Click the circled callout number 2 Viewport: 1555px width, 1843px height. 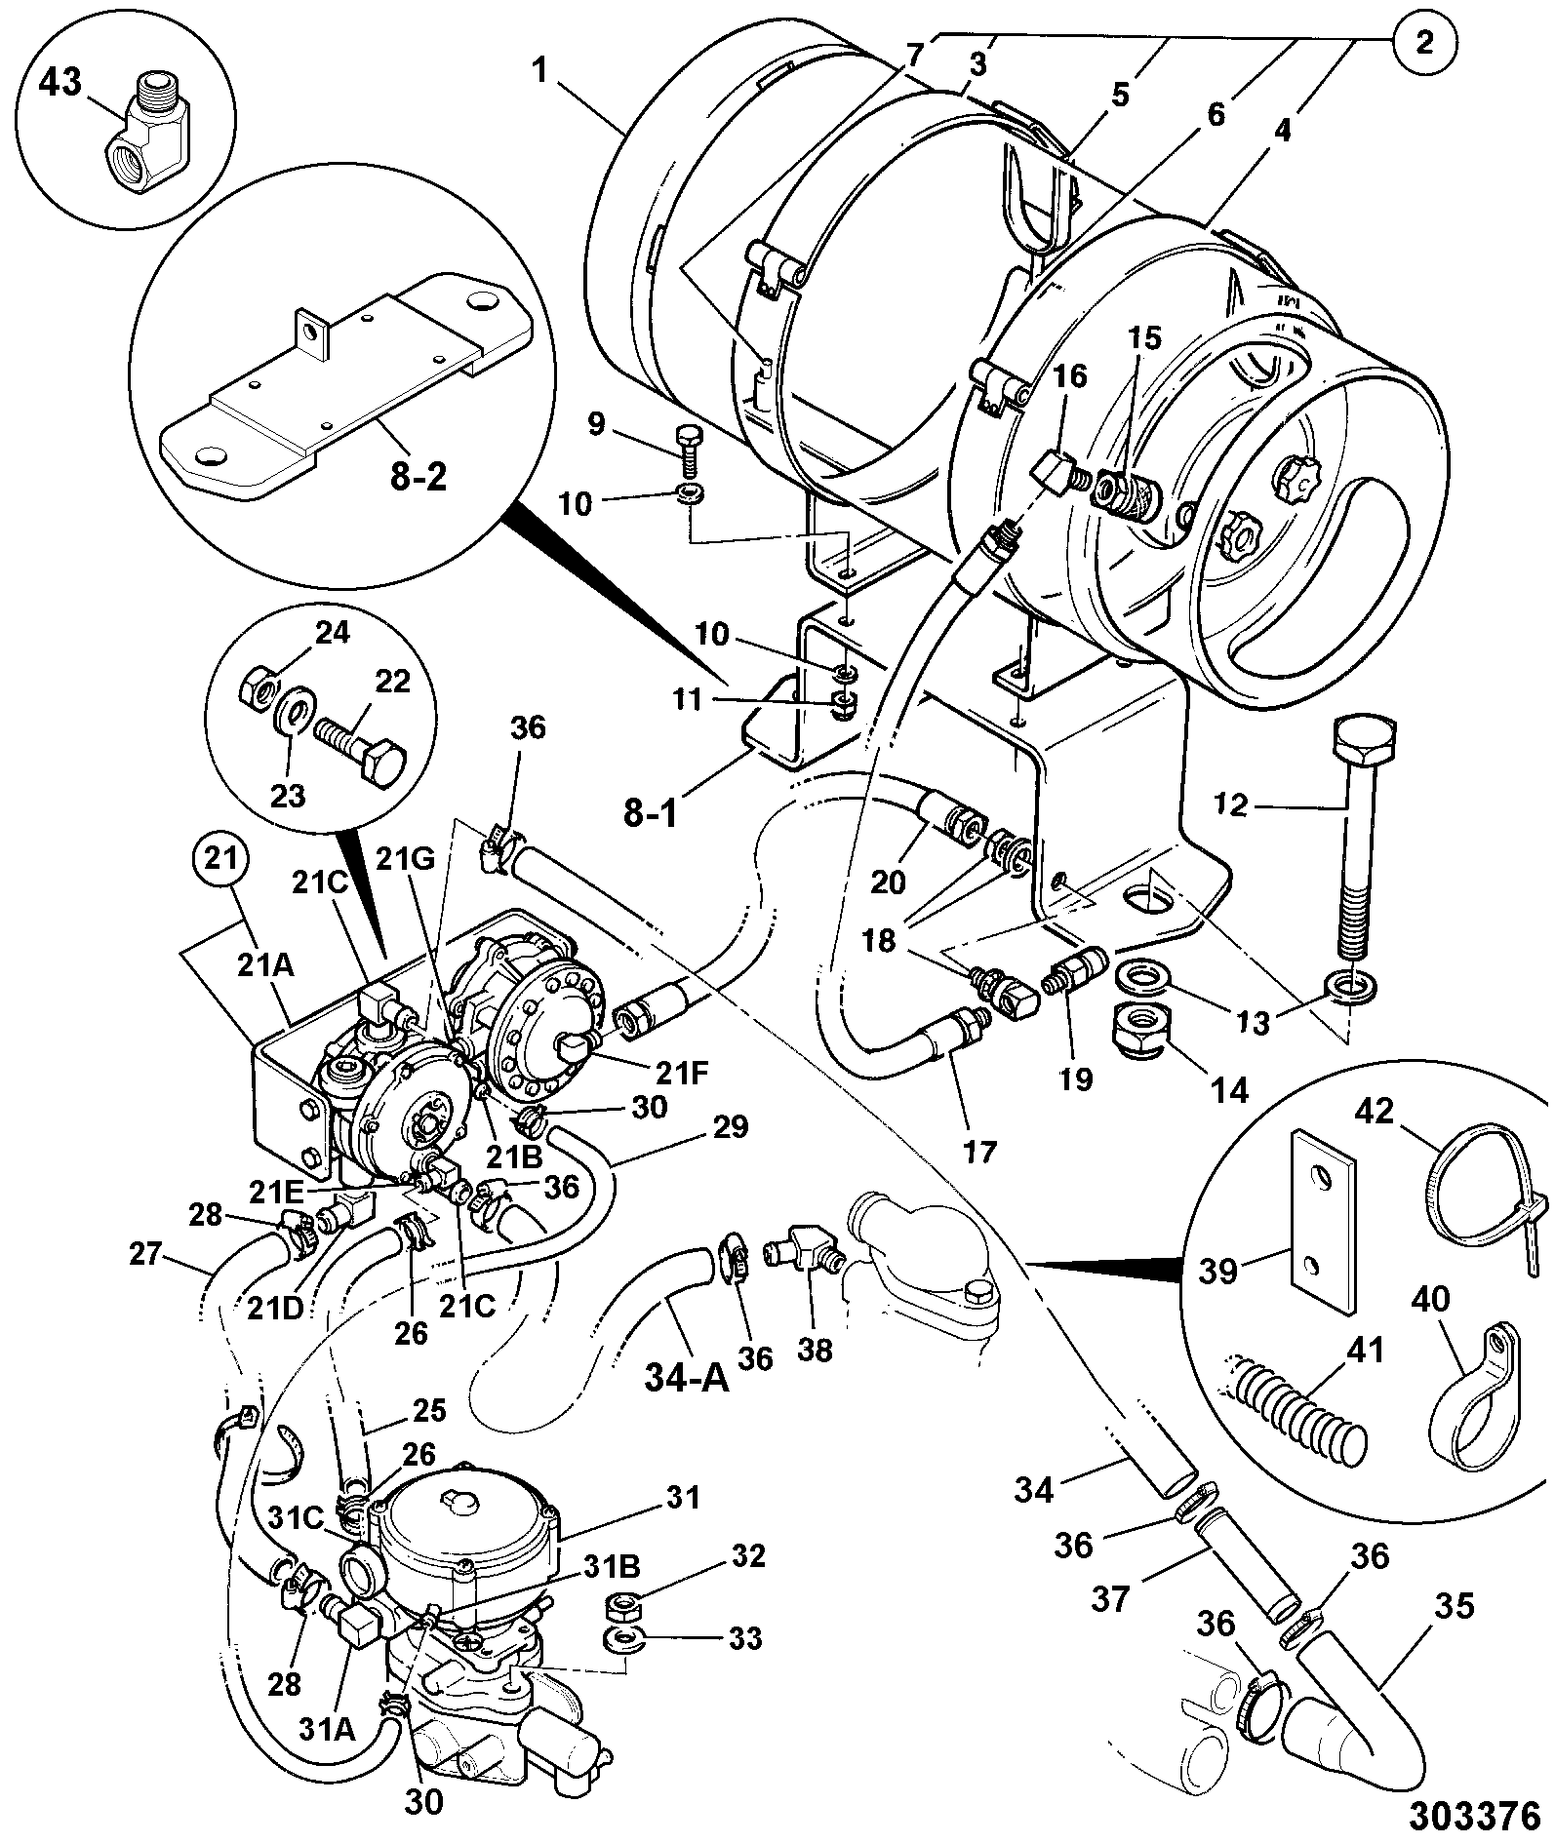1424,44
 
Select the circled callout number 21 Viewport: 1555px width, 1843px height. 221,861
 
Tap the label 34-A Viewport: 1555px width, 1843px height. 688,1382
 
